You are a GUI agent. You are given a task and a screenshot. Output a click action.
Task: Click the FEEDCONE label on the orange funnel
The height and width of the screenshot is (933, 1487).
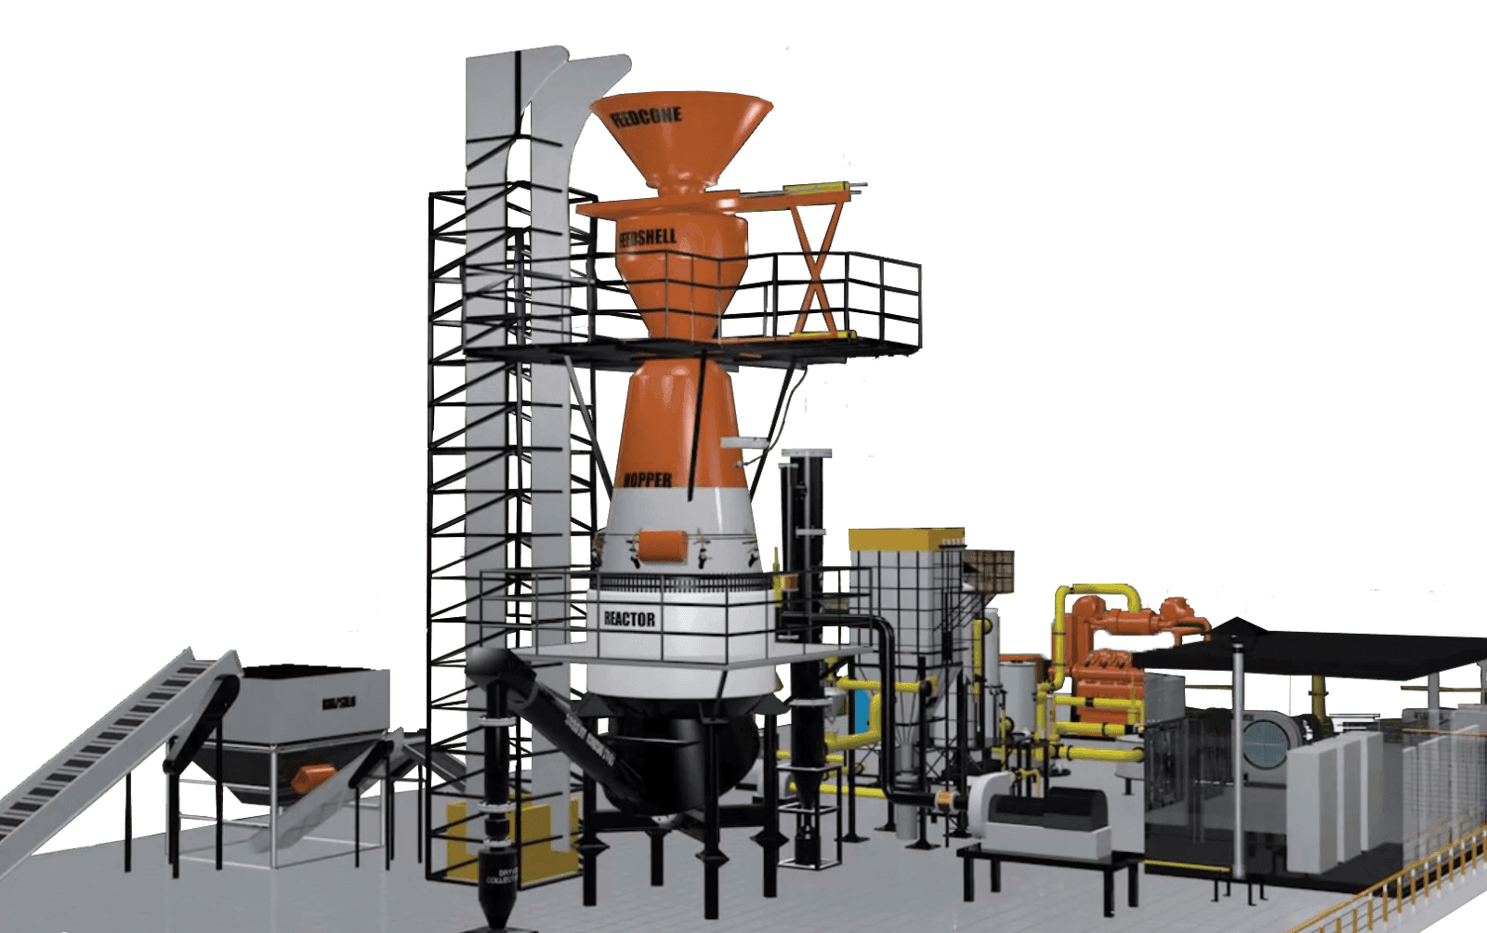click(648, 118)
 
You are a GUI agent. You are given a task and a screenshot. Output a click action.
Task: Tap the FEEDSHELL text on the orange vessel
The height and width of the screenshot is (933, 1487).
click(648, 238)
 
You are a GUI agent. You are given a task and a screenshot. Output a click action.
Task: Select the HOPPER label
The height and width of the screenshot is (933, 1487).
click(647, 480)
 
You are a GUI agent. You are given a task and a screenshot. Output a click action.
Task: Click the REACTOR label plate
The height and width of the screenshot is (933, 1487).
click(629, 619)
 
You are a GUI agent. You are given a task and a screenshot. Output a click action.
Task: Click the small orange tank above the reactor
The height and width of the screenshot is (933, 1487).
click(664, 545)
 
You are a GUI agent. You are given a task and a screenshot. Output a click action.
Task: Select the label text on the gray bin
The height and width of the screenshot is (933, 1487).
click(339, 703)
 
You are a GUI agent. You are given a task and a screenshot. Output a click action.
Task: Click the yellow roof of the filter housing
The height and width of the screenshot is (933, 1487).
click(906, 537)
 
